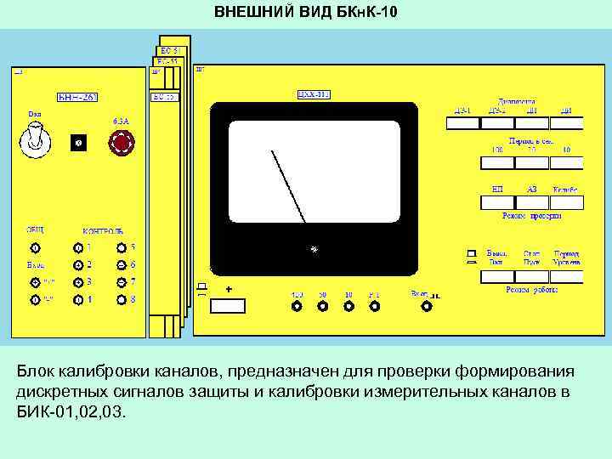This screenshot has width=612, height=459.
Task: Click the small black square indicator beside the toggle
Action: [x=78, y=144]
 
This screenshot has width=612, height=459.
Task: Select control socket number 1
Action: [x=78, y=248]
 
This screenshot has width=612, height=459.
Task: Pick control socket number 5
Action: [x=122, y=248]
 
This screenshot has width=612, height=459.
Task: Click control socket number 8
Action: [x=122, y=300]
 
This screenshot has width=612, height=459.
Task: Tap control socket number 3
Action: [x=78, y=282]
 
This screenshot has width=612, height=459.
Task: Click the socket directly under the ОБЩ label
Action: [x=35, y=248]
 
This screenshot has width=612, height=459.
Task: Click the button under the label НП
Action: [x=497, y=201]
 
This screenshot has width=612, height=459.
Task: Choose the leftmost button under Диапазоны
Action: [x=463, y=123]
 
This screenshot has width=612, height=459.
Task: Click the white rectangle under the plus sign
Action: [x=229, y=307]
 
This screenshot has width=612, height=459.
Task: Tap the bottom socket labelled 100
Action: [x=297, y=307]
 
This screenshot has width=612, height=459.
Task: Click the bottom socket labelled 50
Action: [x=323, y=307]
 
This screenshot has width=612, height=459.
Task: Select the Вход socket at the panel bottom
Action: [x=423, y=307]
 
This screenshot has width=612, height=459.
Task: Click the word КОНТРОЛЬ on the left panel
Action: [x=102, y=230]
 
